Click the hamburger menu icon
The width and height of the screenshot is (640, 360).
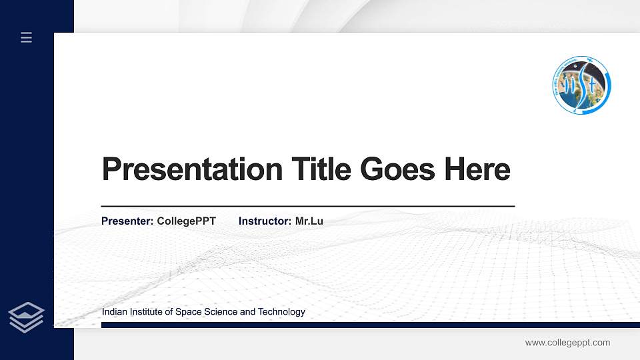pos(27,38)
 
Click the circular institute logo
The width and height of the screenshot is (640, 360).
pos(581,85)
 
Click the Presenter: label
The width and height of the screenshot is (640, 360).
pos(127,221)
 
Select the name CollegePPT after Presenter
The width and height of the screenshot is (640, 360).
pos(186,221)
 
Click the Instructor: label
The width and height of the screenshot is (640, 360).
pos(265,221)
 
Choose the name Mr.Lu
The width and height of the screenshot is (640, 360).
pos(309,221)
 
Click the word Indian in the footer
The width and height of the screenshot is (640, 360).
pos(114,312)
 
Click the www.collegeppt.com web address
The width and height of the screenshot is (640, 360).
pos(567,343)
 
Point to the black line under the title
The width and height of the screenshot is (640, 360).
pos(307,207)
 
